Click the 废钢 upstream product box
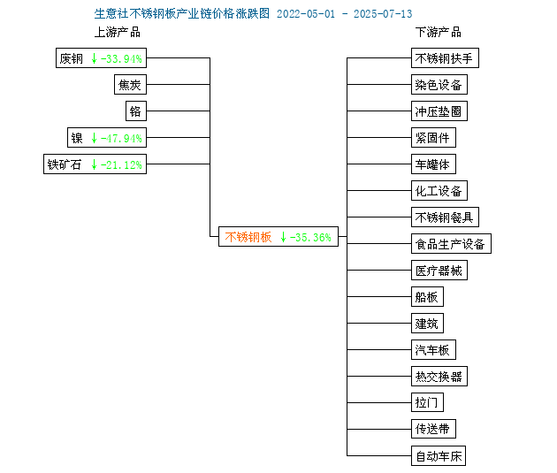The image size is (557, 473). coord(102,57)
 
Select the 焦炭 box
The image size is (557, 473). coord(130,85)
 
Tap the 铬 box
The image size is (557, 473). coord(136,111)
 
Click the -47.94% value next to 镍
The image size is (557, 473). coord(121,138)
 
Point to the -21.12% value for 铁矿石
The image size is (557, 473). coord(121,164)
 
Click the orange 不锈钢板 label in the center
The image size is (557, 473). coord(248,237)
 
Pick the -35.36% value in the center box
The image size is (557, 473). coord(310,237)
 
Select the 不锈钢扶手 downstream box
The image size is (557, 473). coord(445,57)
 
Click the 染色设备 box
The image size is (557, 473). coord(439,85)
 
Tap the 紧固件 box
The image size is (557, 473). coord(434,137)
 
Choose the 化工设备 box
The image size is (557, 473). coord(439,191)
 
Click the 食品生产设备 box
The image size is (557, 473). coord(451,244)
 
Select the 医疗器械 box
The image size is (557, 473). coord(439,271)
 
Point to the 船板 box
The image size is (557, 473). coord(427,296)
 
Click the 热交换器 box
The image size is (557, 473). coord(439,376)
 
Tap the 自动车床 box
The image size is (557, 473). coord(439,455)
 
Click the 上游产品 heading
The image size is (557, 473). coord(118,32)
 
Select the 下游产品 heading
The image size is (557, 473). coord(439,32)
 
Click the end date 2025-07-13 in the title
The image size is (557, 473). coord(383,14)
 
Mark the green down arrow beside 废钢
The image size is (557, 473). coord(94,58)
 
